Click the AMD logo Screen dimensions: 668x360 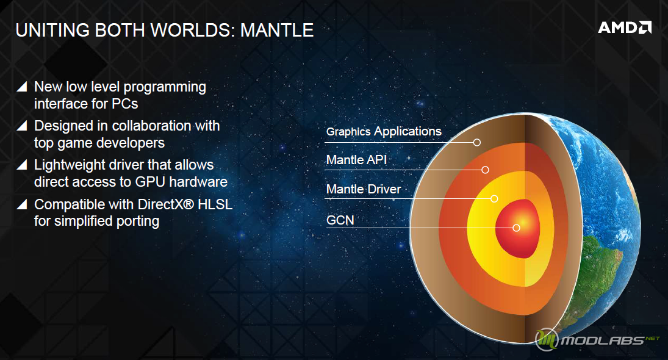tap(625, 27)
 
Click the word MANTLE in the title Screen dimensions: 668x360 tap(277, 31)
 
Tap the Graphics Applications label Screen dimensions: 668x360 tap(384, 132)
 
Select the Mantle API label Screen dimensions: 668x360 tap(357, 160)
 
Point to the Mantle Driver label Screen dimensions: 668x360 tap(364, 189)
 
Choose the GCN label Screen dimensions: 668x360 tap(340, 220)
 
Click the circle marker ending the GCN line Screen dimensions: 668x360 tap(516, 228)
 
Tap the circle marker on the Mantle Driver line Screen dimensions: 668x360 tap(494, 198)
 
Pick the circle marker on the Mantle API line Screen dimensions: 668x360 tap(485, 170)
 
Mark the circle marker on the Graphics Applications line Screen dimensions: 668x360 tap(477, 142)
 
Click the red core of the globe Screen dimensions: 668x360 tap(518, 228)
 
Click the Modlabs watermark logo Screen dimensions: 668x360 tap(597, 339)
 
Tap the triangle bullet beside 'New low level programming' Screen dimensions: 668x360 tap(22, 87)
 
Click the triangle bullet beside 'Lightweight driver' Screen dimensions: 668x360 tap(22, 165)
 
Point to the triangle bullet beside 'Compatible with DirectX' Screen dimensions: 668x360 tap(22, 204)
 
